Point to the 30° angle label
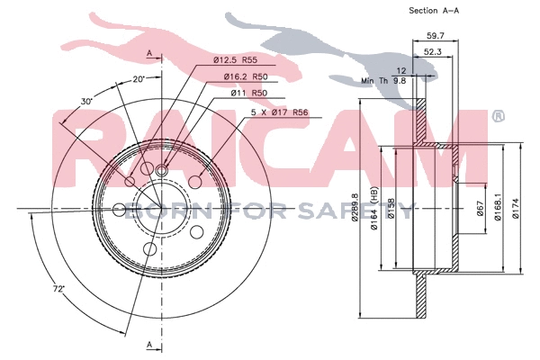pyautogui.click(x=86, y=102)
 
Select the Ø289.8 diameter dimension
pyautogui.click(x=356, y=211)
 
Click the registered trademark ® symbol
pyautogui.click(x=498, y=117)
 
